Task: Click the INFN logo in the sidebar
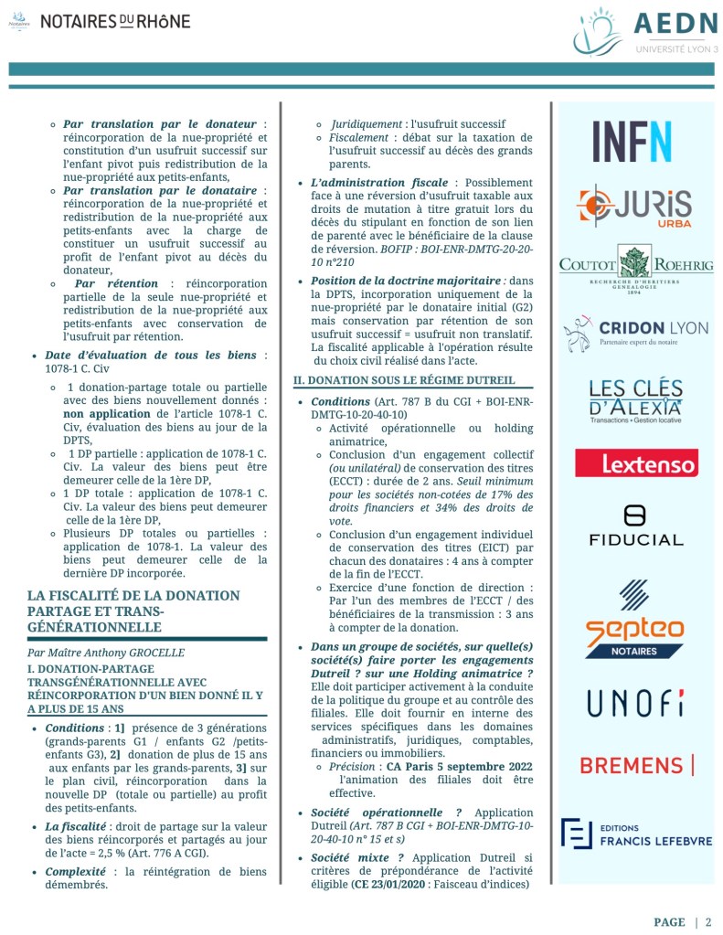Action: pyautogui.click(x=632, y=141)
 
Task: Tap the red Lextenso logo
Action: pyautogui.click(x=636, y=463)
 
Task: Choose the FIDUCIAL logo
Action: pyautogui.click(x=635, y=525)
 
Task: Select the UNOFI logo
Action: pyautogui.click(x=635, y=702)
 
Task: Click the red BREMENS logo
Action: pyautogui.click(x=636, y=765)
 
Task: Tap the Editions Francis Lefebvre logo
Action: pyautogui.click(x=635, y=833)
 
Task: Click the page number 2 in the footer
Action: pyautogui.click(x=707, y=921)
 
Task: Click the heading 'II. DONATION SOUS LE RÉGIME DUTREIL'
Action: pyautogui.click(x=404, y=379)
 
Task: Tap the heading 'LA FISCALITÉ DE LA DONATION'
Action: pyautogui.click(x=133, y=596)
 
